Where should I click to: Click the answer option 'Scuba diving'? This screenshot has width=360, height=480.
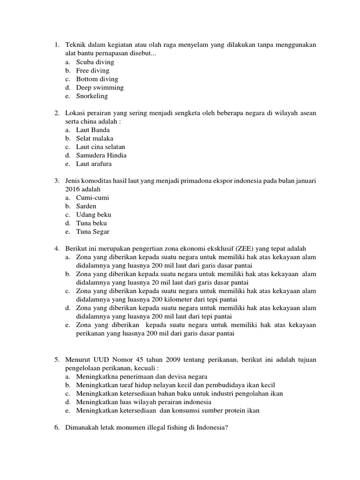[95, 62]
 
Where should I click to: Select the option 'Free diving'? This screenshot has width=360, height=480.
[93, 70]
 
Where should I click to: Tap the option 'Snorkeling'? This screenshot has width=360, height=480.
[92, 96]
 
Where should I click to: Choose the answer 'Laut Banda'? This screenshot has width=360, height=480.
[93, 130]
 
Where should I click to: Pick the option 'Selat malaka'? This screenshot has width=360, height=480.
[95, 138]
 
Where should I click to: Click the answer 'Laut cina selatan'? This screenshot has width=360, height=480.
[101, 147]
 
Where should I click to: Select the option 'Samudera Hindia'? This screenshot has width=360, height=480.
[101, 155]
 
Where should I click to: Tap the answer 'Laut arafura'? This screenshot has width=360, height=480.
[94, 164]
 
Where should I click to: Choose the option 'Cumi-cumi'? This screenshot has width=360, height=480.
[93, 198]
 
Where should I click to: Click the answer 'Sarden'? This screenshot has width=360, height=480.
[86, 206]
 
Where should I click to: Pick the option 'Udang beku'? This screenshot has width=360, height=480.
[94, 215]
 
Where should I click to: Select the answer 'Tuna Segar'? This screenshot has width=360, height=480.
[93, 232]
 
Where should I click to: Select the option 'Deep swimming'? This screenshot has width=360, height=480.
[100, 88]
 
